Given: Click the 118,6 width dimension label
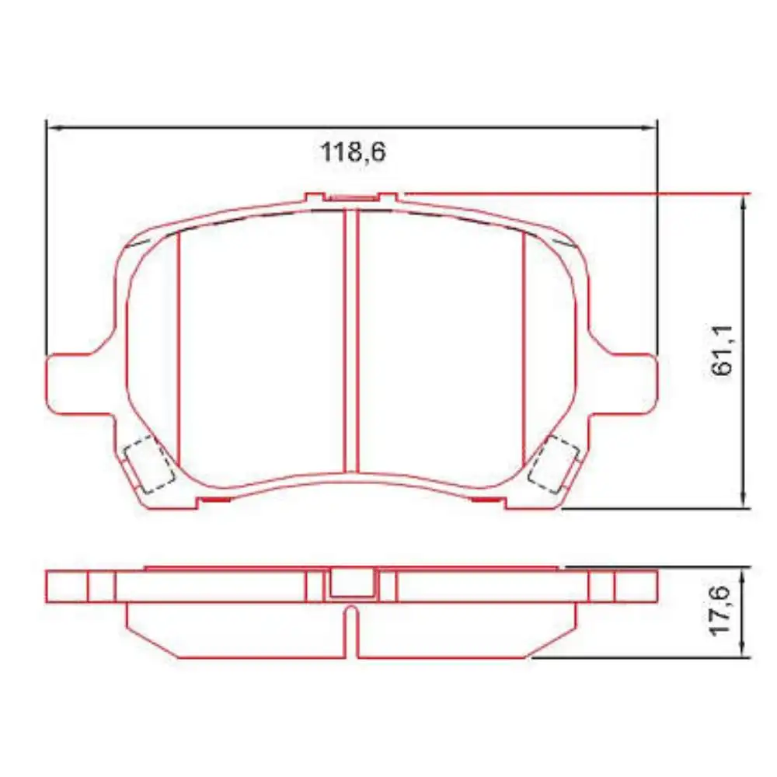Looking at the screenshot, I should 354,152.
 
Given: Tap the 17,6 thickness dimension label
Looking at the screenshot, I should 720,611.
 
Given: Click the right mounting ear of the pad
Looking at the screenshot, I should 626,382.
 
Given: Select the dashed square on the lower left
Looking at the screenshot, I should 148,464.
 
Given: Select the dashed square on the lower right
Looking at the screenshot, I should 553,464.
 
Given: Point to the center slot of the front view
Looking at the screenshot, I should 350,342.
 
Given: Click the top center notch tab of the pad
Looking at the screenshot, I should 351,198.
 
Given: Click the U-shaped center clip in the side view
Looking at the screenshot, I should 351,584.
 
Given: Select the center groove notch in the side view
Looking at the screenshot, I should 351,625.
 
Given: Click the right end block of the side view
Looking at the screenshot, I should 636,586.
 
